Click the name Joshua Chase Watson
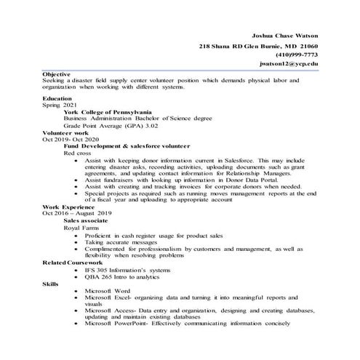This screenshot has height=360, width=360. pos(284,35)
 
